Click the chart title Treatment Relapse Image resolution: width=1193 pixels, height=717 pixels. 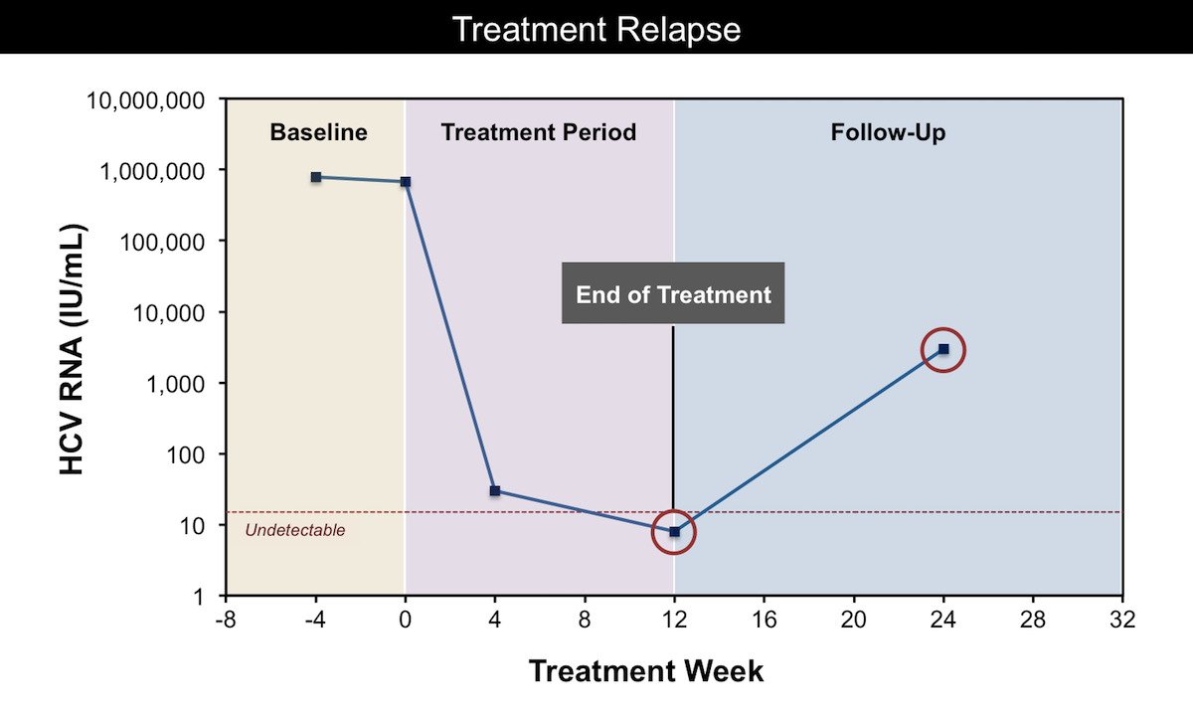596,29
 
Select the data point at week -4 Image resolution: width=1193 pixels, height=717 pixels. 316,177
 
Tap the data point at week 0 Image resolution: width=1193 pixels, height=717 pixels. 406,182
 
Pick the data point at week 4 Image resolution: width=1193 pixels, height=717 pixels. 495,491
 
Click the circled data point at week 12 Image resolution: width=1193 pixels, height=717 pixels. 674,532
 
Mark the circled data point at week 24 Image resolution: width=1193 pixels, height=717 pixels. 943,349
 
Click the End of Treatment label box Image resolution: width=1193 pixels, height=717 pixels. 673,294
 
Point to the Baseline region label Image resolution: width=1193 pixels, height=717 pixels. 318,132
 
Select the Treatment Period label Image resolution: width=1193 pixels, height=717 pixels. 539,132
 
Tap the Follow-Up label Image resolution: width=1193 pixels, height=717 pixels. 888,132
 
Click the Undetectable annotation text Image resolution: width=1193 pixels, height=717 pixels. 295,531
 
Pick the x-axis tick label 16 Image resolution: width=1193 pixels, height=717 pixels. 764,620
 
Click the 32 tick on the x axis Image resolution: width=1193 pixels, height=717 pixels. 1122,620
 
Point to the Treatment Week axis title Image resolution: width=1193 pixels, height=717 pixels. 646,670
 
